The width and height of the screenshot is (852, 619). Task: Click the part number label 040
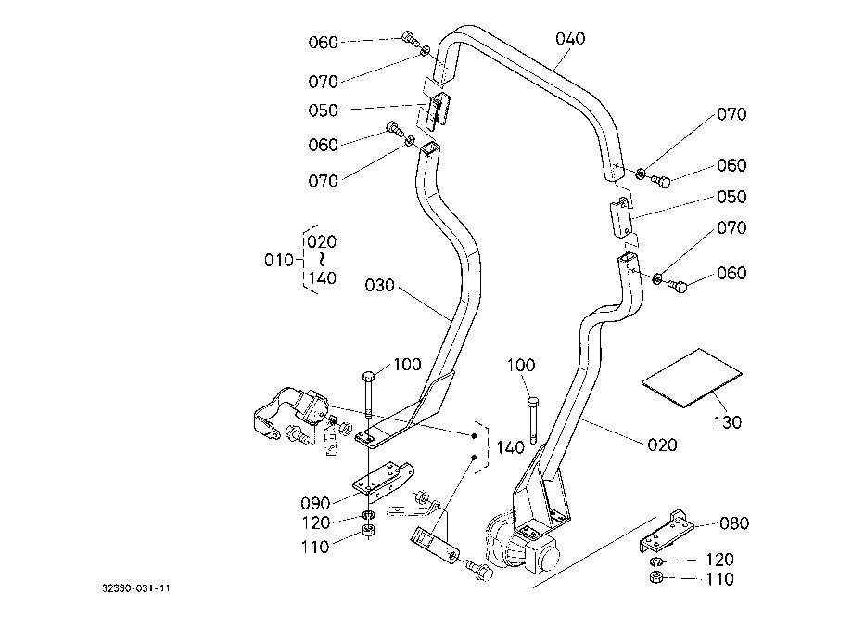point(571,39)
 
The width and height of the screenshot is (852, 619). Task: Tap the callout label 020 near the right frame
point(661,445)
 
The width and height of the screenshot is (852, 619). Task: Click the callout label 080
point(733,523)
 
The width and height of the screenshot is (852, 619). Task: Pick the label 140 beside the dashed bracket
point(509,447)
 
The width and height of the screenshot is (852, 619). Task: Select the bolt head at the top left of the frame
point(408,38)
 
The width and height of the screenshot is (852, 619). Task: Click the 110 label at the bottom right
point(719,580)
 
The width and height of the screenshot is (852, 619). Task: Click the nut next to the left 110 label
point(368,532)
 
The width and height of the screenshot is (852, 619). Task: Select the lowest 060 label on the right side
point(731,273)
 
